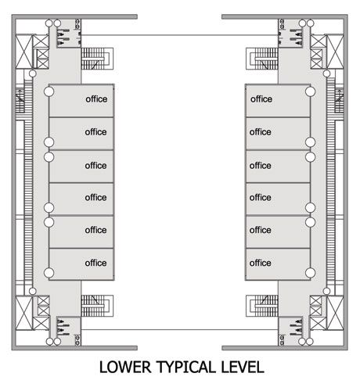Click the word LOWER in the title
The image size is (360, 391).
[x=125, y=367]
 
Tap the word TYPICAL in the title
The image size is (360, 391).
[x=186, y=367]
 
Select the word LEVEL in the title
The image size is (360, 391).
[x=243, y=367]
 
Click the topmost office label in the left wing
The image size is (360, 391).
[x=96, y=99]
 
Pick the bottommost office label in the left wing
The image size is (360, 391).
[x=95, y=263]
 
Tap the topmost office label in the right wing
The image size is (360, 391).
[x=261, y=99]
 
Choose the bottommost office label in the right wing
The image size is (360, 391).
[x=261, y=263]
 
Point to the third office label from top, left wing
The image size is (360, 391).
[x=95, y=165]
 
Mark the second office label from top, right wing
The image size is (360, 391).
[x=261, y=131]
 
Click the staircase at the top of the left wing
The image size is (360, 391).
[x=97, y=59]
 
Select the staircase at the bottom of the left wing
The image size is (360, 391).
[x=97, y=306]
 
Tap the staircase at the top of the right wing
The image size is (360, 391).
[x=262, y=59]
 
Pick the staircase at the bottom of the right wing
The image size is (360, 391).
[x=262, y=306]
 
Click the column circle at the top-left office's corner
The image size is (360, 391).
[x=49, y=91]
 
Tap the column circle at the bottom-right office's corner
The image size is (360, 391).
[x=310, y=273]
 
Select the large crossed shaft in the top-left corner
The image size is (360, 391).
[x=23, y=52]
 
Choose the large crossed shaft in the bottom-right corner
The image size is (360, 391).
[x=336, y=313]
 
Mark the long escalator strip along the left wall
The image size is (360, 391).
[x=28, y=182]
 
